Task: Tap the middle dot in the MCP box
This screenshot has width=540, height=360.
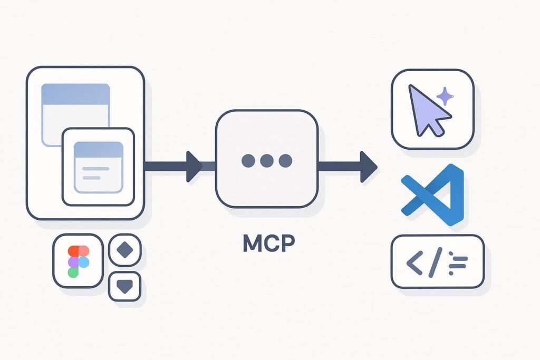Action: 267,161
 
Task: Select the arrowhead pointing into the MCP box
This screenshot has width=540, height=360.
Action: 194,166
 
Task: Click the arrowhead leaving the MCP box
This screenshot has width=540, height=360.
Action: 368,167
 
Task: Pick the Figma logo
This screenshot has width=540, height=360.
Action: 78,261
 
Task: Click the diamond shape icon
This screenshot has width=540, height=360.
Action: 125,250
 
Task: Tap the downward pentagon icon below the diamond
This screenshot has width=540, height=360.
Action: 125,286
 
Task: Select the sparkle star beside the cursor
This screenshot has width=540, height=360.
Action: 445,96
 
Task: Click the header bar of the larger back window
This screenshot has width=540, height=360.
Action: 75,94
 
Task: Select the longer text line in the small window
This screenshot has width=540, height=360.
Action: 96,169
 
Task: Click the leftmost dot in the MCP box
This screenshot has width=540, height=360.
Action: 248,161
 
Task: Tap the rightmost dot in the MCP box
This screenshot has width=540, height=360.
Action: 285,161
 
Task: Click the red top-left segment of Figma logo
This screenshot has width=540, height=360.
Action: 73,251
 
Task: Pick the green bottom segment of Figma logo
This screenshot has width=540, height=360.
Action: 73,271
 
